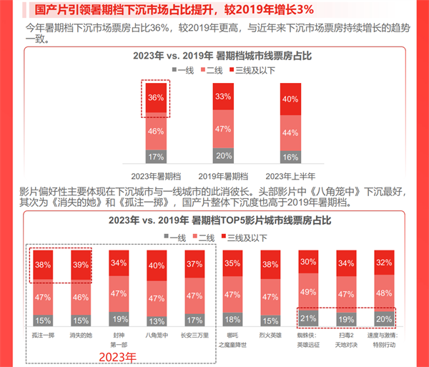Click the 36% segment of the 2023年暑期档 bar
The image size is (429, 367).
coord(156,98)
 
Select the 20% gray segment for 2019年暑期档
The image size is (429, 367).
coord(222,156)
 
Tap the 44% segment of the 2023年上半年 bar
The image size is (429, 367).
coord(290,132)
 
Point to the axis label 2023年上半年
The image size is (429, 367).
coord(290,176)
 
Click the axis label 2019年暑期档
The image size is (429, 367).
coord(223,176)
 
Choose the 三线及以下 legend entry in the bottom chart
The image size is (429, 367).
coord(250,237)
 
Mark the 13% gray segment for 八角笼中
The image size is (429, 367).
coord(157,320)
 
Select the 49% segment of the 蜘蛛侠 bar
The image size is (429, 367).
coord(309,291)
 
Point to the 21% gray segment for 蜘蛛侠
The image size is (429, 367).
coord(309,318)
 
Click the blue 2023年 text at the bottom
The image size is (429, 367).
coord(119,356)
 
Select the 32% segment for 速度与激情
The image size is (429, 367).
coord(384,262)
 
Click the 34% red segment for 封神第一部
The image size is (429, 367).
coord(119,262)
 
